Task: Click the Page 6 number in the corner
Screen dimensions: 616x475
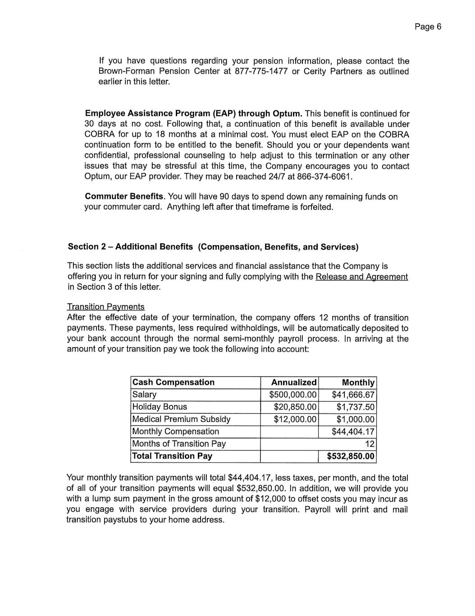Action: [428, 27]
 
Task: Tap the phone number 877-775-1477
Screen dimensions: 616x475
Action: [261, 71]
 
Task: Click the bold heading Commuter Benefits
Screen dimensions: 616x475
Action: [125, 196]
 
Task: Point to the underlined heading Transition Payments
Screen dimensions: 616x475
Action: [106, 307]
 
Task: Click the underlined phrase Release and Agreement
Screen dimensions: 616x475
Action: [361, 277]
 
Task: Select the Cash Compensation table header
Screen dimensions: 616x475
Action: [174, 382]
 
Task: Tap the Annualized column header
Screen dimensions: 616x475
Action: [293, 382]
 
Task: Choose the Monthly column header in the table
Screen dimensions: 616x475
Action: [358, 382]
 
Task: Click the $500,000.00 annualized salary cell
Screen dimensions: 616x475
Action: [292, 394]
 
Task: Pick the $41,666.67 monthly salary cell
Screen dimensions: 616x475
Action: [353, 394]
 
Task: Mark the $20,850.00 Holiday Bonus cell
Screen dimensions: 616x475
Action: [295, 407]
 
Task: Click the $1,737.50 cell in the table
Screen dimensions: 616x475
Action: [355, 407]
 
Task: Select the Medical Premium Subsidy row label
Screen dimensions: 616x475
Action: [181, 419]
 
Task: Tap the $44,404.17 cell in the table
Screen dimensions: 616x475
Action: [353, 431]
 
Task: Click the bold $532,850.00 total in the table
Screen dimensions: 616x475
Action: [351, 456]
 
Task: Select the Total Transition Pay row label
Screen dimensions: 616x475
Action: [172, 456]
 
